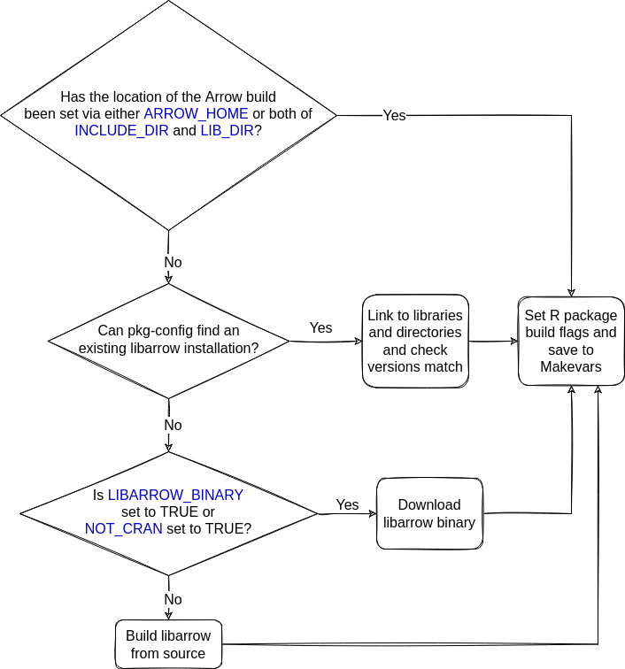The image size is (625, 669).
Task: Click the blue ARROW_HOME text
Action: (196, 114)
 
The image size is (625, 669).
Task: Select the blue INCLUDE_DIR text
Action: (121, 130)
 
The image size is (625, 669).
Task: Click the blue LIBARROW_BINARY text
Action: (175, 495)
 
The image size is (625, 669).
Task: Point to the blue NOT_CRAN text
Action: (124, 528)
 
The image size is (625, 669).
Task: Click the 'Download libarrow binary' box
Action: (429, 513)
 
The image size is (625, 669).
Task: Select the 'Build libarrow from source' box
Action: (168, 644)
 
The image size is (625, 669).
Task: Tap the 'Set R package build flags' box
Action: (571, 341)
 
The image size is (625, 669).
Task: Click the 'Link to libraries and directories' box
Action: (415, 341)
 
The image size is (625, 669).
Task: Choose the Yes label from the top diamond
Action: (394, 116)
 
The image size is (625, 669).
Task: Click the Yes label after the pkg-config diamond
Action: (320, 327)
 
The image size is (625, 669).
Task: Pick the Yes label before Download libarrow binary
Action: (347, 504)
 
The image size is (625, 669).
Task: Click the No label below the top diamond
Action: (173, 263)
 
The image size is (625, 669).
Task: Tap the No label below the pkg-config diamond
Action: (173, 425)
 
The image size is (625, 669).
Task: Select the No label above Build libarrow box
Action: (173, 599)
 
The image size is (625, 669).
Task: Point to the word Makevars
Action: (571, 366)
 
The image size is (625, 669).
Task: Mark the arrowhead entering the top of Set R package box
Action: (571, 291)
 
